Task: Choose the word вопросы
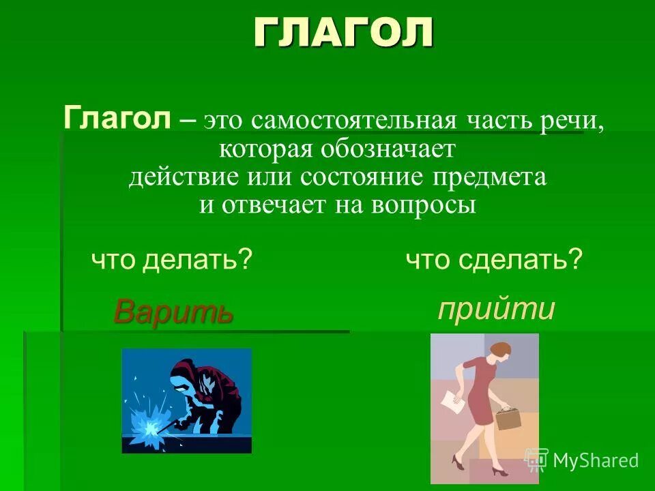point(424,205)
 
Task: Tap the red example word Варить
point(173,312)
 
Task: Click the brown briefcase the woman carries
point(508,418)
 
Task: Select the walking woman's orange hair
point(499,350)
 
